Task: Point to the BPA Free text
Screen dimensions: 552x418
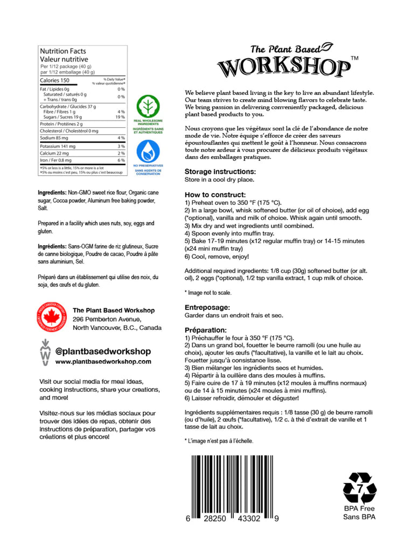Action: click(x=359, y=508)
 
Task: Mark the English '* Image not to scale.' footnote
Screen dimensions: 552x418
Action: click(x=208, y=293)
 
